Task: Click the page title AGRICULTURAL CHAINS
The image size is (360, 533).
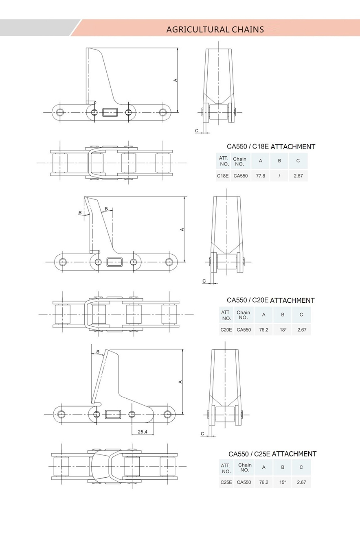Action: coord(215,29)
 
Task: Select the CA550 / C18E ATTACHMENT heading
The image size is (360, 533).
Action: coord(271,146)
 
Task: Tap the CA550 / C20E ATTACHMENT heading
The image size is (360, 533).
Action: coord(270,300)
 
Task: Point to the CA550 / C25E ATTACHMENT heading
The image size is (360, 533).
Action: coord(272,454)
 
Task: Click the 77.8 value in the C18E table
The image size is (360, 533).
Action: coord(260,176)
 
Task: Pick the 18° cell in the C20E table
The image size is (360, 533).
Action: coord(283,330)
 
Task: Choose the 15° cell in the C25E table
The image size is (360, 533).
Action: coord(283,482)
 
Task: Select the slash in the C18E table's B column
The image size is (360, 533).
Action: coord(279,176)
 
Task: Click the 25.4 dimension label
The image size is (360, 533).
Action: coord(143,432)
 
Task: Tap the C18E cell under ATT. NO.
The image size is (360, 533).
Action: coord(223,176)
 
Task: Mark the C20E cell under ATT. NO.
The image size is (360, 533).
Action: coord(226,330)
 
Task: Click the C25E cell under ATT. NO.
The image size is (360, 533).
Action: coord(226,482)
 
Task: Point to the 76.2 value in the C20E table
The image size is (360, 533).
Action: coord(263,330)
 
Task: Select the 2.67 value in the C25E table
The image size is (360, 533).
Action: coord(301,482)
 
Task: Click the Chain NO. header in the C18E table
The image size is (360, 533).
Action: coord(240,162)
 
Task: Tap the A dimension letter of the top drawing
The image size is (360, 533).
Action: coord(176,80)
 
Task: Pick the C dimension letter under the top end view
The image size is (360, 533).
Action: coord(197,131)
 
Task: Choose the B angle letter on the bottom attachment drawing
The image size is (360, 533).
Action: coord(98,352)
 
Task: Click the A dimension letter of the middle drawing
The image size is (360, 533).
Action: coord(182,229)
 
